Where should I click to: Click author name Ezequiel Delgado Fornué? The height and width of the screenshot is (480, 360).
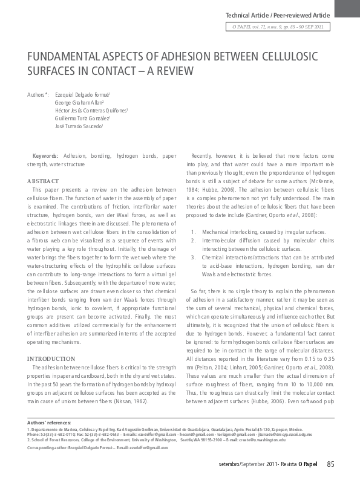(x=82, y=96)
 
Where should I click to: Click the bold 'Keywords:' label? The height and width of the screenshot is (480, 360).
(x=45, y=156)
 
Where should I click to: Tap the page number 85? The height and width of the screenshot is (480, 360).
(x=330, y=464)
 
